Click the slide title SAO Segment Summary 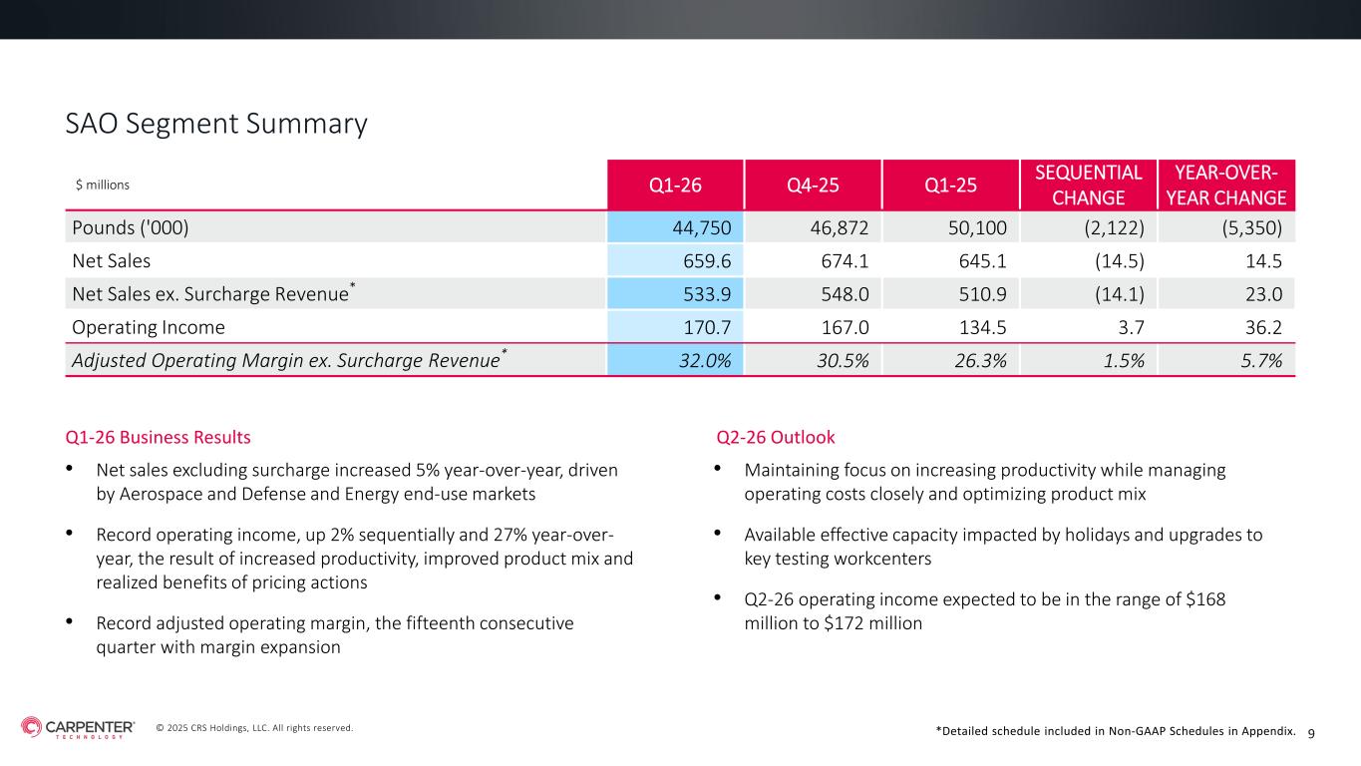point(216,124)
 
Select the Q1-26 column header point(675,185)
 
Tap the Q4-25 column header point(813,185)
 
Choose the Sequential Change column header point(1089,185)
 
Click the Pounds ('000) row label point(131,227)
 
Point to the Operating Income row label point(149,327)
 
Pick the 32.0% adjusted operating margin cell point(708,361)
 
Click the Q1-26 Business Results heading point(158,437)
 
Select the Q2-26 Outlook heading point(776,437)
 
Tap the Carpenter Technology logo point(78,728)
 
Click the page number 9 point(1311,733)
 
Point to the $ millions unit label point(103,185)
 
